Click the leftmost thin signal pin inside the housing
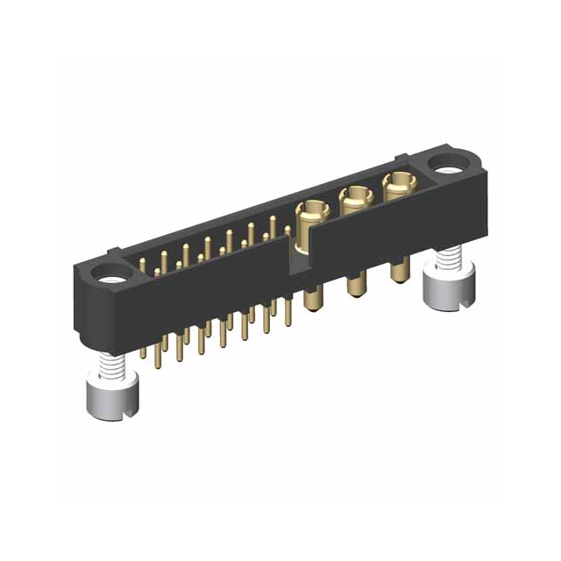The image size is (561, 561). pyautogui.click(x=145, y=263)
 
